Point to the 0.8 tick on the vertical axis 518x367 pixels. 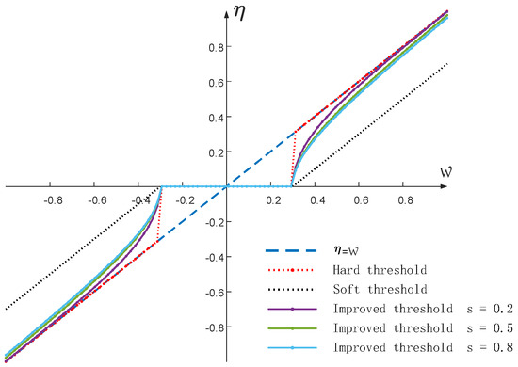point(213,46)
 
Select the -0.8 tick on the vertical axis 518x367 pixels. point(210,328)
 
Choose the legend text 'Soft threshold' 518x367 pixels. point(374,290)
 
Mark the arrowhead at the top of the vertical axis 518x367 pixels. point(226,8)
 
